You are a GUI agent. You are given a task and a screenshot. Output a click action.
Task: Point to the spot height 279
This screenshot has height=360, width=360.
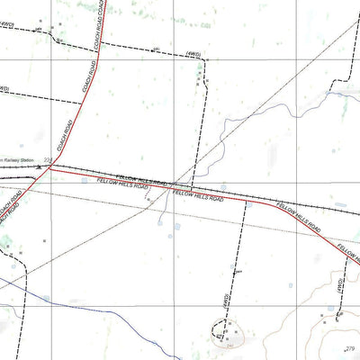[350, 347]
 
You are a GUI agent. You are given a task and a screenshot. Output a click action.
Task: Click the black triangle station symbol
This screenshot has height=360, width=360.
[40, 166]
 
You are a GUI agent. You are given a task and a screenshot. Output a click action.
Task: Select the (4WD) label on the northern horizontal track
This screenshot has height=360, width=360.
[192, 56]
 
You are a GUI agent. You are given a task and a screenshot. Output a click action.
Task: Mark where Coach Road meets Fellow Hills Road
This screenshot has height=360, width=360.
[50, 166]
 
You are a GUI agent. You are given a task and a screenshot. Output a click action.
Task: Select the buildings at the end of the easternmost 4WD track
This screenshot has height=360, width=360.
[338, 314]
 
